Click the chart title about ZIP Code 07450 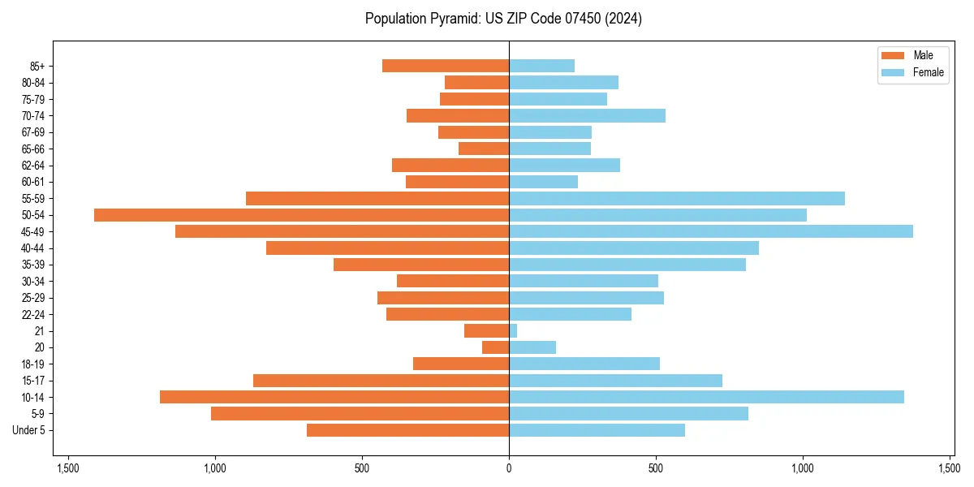pos(503,19)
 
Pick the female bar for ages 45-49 pos(710,231)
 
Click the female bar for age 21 pos(513,331)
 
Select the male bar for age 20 pos(496,347)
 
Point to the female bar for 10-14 pos(706,397)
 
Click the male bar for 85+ pos(446,66)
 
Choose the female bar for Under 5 pos(597,430)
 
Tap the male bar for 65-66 pos(484,149)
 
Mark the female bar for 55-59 pos(677,198)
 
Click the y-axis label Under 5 pos(28,430)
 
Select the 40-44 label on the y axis pos(32,248)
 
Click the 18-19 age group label pos(32,364)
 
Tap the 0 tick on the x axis pos(509,468)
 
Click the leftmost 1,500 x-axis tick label pos(67,468)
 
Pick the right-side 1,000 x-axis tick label pos(803,468)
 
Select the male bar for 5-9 pos(360,414)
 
